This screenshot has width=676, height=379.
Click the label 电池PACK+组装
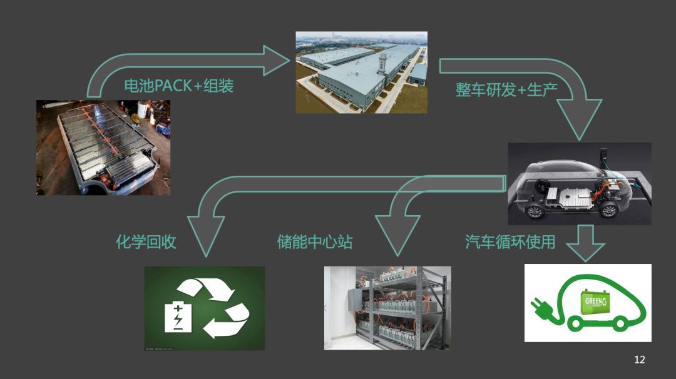(x=178, y=86)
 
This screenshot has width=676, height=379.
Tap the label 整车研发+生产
(x=506, y=89)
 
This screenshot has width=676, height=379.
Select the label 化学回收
(x=146, y=241)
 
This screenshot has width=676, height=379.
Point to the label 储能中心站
(x=314, y=241)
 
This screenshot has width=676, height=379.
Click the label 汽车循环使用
(x=510, y=241)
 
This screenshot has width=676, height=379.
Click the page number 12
(x=639, y=360)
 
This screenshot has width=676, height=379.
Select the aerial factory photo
(x=361, y=72)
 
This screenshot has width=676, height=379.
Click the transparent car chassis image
(x=579, y=183)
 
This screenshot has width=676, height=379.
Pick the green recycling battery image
(x=204, y=308)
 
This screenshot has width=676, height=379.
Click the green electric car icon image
(x=587, y=303)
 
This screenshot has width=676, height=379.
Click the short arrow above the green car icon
(x=585, y=244)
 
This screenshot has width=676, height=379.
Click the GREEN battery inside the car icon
(x=595, y=303)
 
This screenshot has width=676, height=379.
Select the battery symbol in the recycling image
(x=178, y=316)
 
